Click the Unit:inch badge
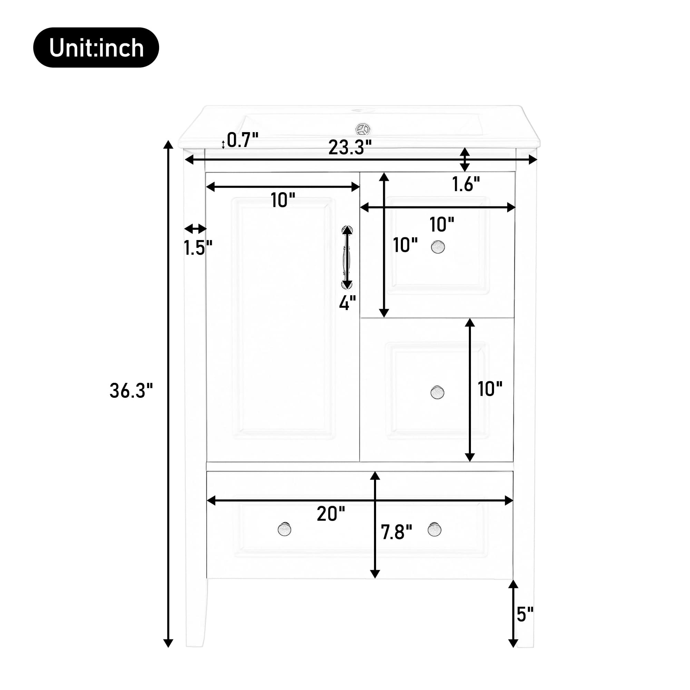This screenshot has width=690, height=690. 96,48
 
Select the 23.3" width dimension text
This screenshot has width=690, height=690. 349,147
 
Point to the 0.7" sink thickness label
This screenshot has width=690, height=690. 243,140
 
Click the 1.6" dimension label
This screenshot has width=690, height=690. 466,184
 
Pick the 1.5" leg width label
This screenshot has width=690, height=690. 198,247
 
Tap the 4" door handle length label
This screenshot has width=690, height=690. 347,303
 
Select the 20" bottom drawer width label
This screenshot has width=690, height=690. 331,514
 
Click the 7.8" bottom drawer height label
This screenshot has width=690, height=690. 396,532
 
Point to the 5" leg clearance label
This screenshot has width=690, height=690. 525,614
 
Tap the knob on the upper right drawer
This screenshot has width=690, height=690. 437,247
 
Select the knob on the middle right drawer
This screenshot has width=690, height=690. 437,392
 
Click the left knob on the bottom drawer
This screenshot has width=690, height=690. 284,529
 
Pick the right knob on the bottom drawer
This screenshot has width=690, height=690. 434,529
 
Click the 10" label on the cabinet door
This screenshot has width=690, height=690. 283,200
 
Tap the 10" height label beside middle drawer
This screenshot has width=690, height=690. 490,389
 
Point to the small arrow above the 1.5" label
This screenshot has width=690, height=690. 195,229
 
